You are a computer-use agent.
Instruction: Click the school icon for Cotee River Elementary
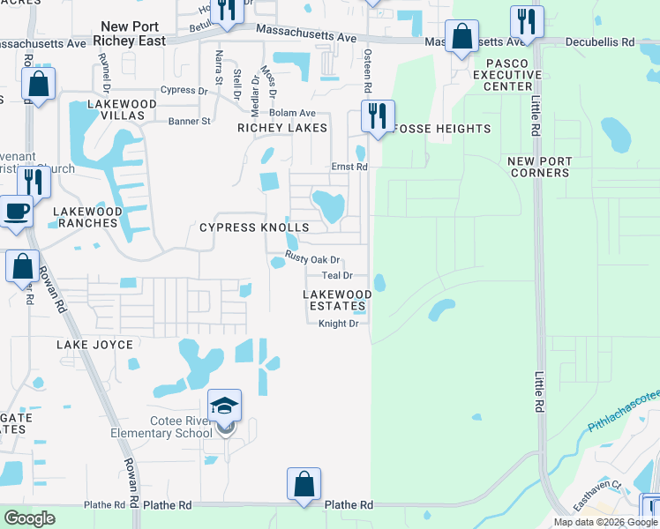tap(224, 406)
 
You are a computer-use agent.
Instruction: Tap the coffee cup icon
tap(16, 212)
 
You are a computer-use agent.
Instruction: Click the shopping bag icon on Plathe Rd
tap(304, 484)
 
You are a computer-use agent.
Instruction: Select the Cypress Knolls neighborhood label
tap(254, 227)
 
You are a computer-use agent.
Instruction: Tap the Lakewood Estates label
tap(337, 300)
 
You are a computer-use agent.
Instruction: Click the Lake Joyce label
tap(95, 345)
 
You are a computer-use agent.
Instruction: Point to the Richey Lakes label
tap(281, 128)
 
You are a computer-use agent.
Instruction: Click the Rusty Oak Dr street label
tap(312, 258)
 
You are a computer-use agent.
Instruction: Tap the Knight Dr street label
tap(338, 324)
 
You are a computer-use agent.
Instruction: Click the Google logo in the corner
tap(29, 518)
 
